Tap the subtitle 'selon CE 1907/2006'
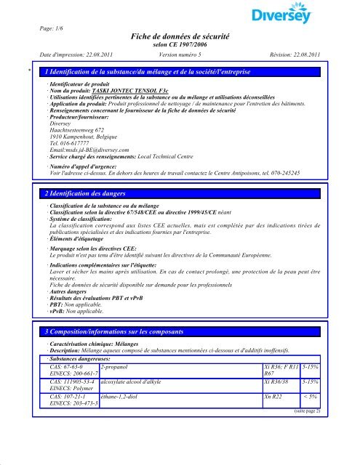click(183, 45)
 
